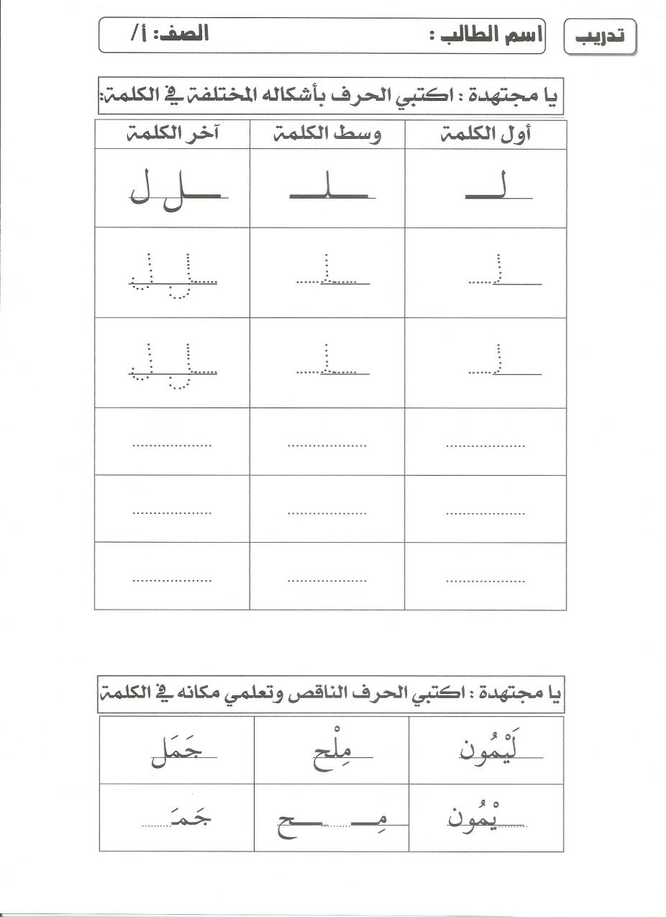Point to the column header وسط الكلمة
[x=328, y=135]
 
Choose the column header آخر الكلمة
[x=173, y=135]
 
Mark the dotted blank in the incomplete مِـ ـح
[x=337, y=825]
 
